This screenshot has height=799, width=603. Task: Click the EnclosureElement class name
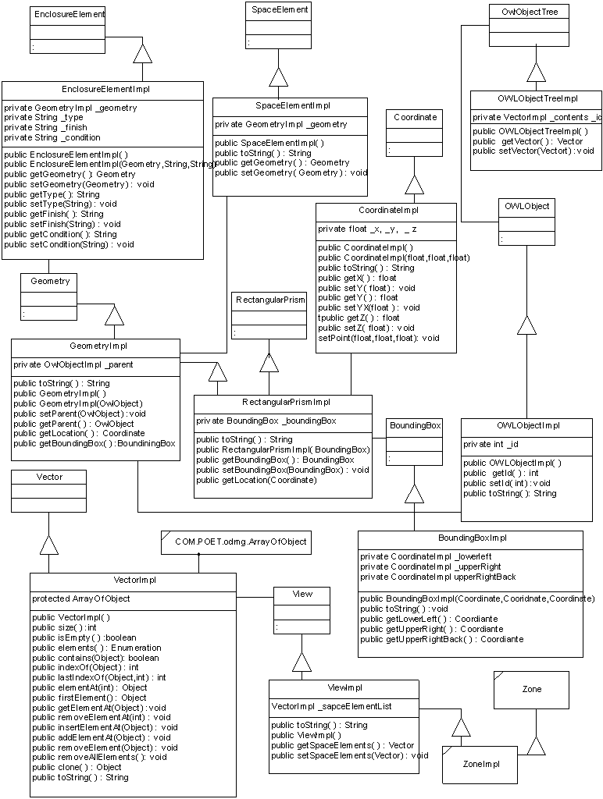69,14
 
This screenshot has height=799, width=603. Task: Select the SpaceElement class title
280,10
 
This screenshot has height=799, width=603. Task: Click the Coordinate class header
415,117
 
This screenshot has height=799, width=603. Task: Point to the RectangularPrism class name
269,300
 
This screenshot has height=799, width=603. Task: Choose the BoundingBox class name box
415,425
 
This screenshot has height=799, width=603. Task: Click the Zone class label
531,689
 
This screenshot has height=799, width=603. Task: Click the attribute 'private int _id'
491,444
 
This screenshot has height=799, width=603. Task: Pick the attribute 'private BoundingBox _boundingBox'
266,421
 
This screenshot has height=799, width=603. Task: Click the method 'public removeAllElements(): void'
99,757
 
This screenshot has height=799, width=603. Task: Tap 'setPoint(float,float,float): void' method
378,338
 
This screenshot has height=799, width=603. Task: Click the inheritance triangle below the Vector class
49,544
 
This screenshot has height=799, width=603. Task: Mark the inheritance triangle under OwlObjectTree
535,72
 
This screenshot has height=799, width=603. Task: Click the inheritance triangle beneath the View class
301,662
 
